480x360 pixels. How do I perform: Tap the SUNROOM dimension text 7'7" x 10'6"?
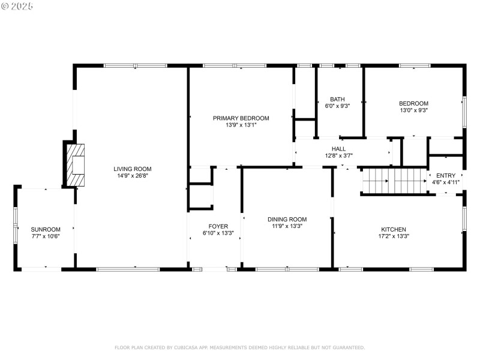pyautogui.click(x=46, y=236)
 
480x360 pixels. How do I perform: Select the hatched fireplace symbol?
pyautogui.click(x=75, y=163)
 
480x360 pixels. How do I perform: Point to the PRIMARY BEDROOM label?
pyautogui.click(x=241, y=118)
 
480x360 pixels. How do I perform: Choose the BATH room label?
pyautogui.click(x=337, y=99)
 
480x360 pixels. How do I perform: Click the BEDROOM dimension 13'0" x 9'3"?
pyautogui.click(x=413, y=110)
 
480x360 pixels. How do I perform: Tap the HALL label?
pyautogui.click(x=338, y=148)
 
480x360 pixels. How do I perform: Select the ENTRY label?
pyautogui.click(x=445, y=175)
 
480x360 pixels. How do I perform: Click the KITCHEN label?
pyautogui.click(x=394, y=229)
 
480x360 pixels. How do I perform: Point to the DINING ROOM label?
pyautogui.click(x=287, y=220)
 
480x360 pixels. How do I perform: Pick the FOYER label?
pyautogui.click(x=218, y=226)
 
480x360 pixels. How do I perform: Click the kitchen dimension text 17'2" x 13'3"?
pyautogui.click(x=394, y=236)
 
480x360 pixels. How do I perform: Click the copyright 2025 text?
pyautogui.click(x=17, y=6)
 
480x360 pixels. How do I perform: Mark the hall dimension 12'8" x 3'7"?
pyautogui.click(x=338, y=155)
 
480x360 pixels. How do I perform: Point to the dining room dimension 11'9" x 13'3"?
pyautogui.click(x=287, y=227)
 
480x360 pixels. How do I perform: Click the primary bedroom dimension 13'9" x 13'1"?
pyautogui.click(x=241, y=125)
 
